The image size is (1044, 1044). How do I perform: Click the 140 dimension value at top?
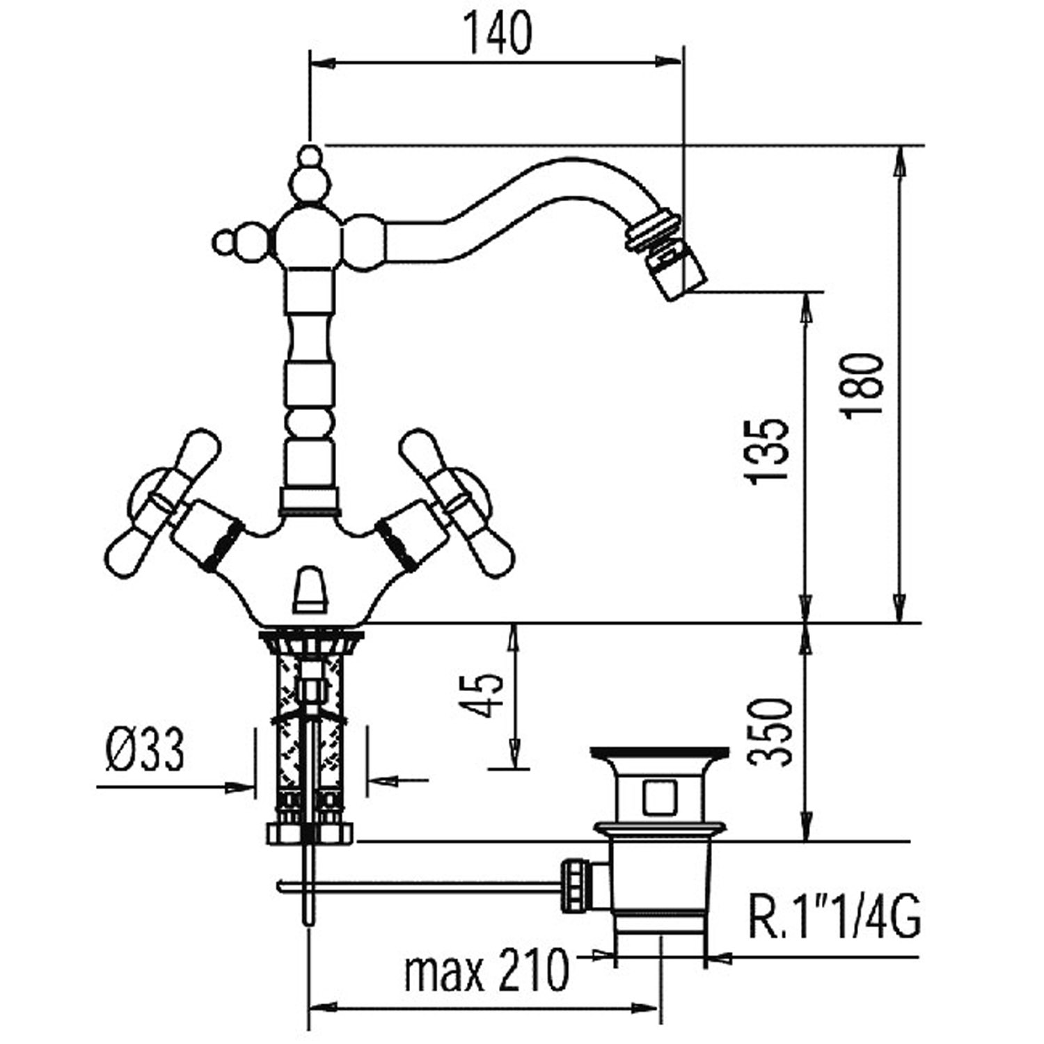pos(498,33)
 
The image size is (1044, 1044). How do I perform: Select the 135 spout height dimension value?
pos(766,450)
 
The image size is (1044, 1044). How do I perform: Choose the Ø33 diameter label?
pos(145,751)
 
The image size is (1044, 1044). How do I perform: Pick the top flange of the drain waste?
pos(659,753)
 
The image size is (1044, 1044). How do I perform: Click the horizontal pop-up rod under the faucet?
pos(418,886)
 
